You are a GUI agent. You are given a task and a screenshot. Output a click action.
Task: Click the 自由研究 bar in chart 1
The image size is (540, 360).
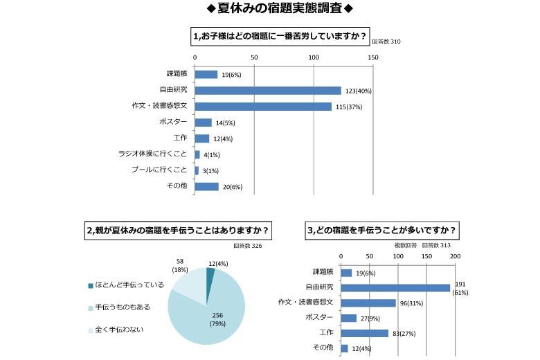pos(268,90)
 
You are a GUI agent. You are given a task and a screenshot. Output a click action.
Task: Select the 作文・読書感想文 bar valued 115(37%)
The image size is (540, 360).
pos(263,106)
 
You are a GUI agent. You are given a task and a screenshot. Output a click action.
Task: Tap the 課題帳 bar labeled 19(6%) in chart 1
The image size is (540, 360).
pos(206,74)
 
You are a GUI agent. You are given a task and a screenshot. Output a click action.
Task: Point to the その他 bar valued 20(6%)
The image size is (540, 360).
pos(206,186)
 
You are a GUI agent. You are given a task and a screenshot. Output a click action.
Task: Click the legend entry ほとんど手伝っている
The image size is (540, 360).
pos(129,285)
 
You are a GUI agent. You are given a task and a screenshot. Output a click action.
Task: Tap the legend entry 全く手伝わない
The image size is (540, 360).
pos(119,330)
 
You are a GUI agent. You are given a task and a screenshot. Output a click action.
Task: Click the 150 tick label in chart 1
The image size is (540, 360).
pos(373,57)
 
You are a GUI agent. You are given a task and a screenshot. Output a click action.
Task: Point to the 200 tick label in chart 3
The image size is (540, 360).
pos(455,256)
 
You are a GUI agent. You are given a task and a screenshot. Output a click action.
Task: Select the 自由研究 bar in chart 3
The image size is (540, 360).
pos(395,287)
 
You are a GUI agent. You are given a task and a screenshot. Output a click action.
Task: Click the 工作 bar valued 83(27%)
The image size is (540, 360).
pos(365,333)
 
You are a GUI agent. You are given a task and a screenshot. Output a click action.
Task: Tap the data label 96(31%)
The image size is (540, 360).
pos(411,303)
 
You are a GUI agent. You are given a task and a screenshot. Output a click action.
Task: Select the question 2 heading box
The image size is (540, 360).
pos(179,230)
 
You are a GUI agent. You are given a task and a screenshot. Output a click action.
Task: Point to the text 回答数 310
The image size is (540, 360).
pos(386,42)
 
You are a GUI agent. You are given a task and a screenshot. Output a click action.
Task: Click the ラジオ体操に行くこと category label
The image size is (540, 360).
pos(152,154)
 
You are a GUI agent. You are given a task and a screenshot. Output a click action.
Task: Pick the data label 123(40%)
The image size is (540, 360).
pos(359,91)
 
